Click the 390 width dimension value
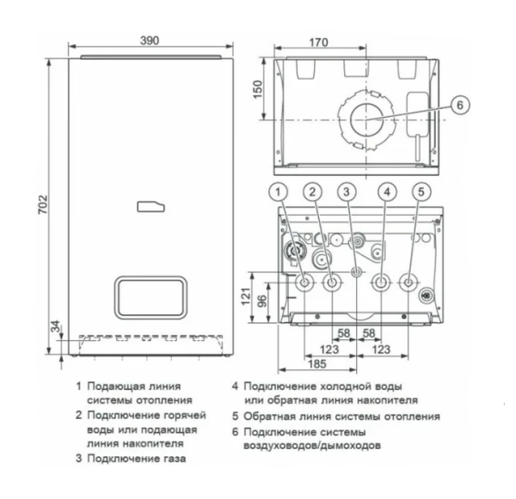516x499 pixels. [150, 40]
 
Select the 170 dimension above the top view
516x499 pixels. [296, 40]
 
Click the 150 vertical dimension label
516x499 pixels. [256, 89]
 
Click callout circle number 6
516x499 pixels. [459, 105]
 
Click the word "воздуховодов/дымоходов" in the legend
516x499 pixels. [316, 446]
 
